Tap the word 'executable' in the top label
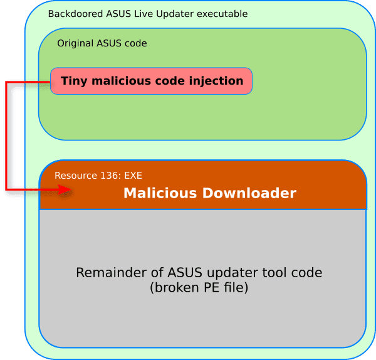223,14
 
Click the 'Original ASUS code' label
102,43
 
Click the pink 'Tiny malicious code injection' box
151,81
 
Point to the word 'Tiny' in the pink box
73,81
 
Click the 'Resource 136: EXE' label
98,176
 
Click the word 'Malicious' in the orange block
159,193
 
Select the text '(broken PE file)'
199,288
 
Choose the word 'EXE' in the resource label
132,176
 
